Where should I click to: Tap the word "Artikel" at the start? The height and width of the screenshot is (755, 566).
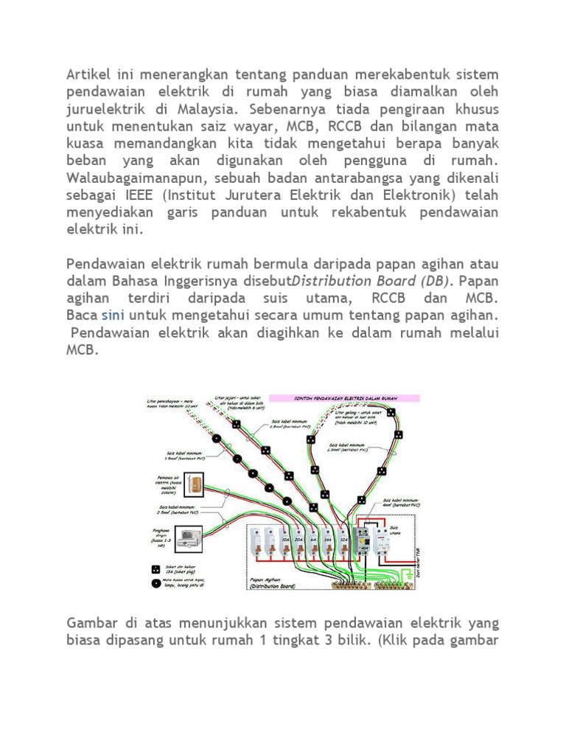pyautogui.click(x=91, y=75)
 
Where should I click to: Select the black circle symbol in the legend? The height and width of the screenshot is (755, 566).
pyautogui.click(x=156, y=582)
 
